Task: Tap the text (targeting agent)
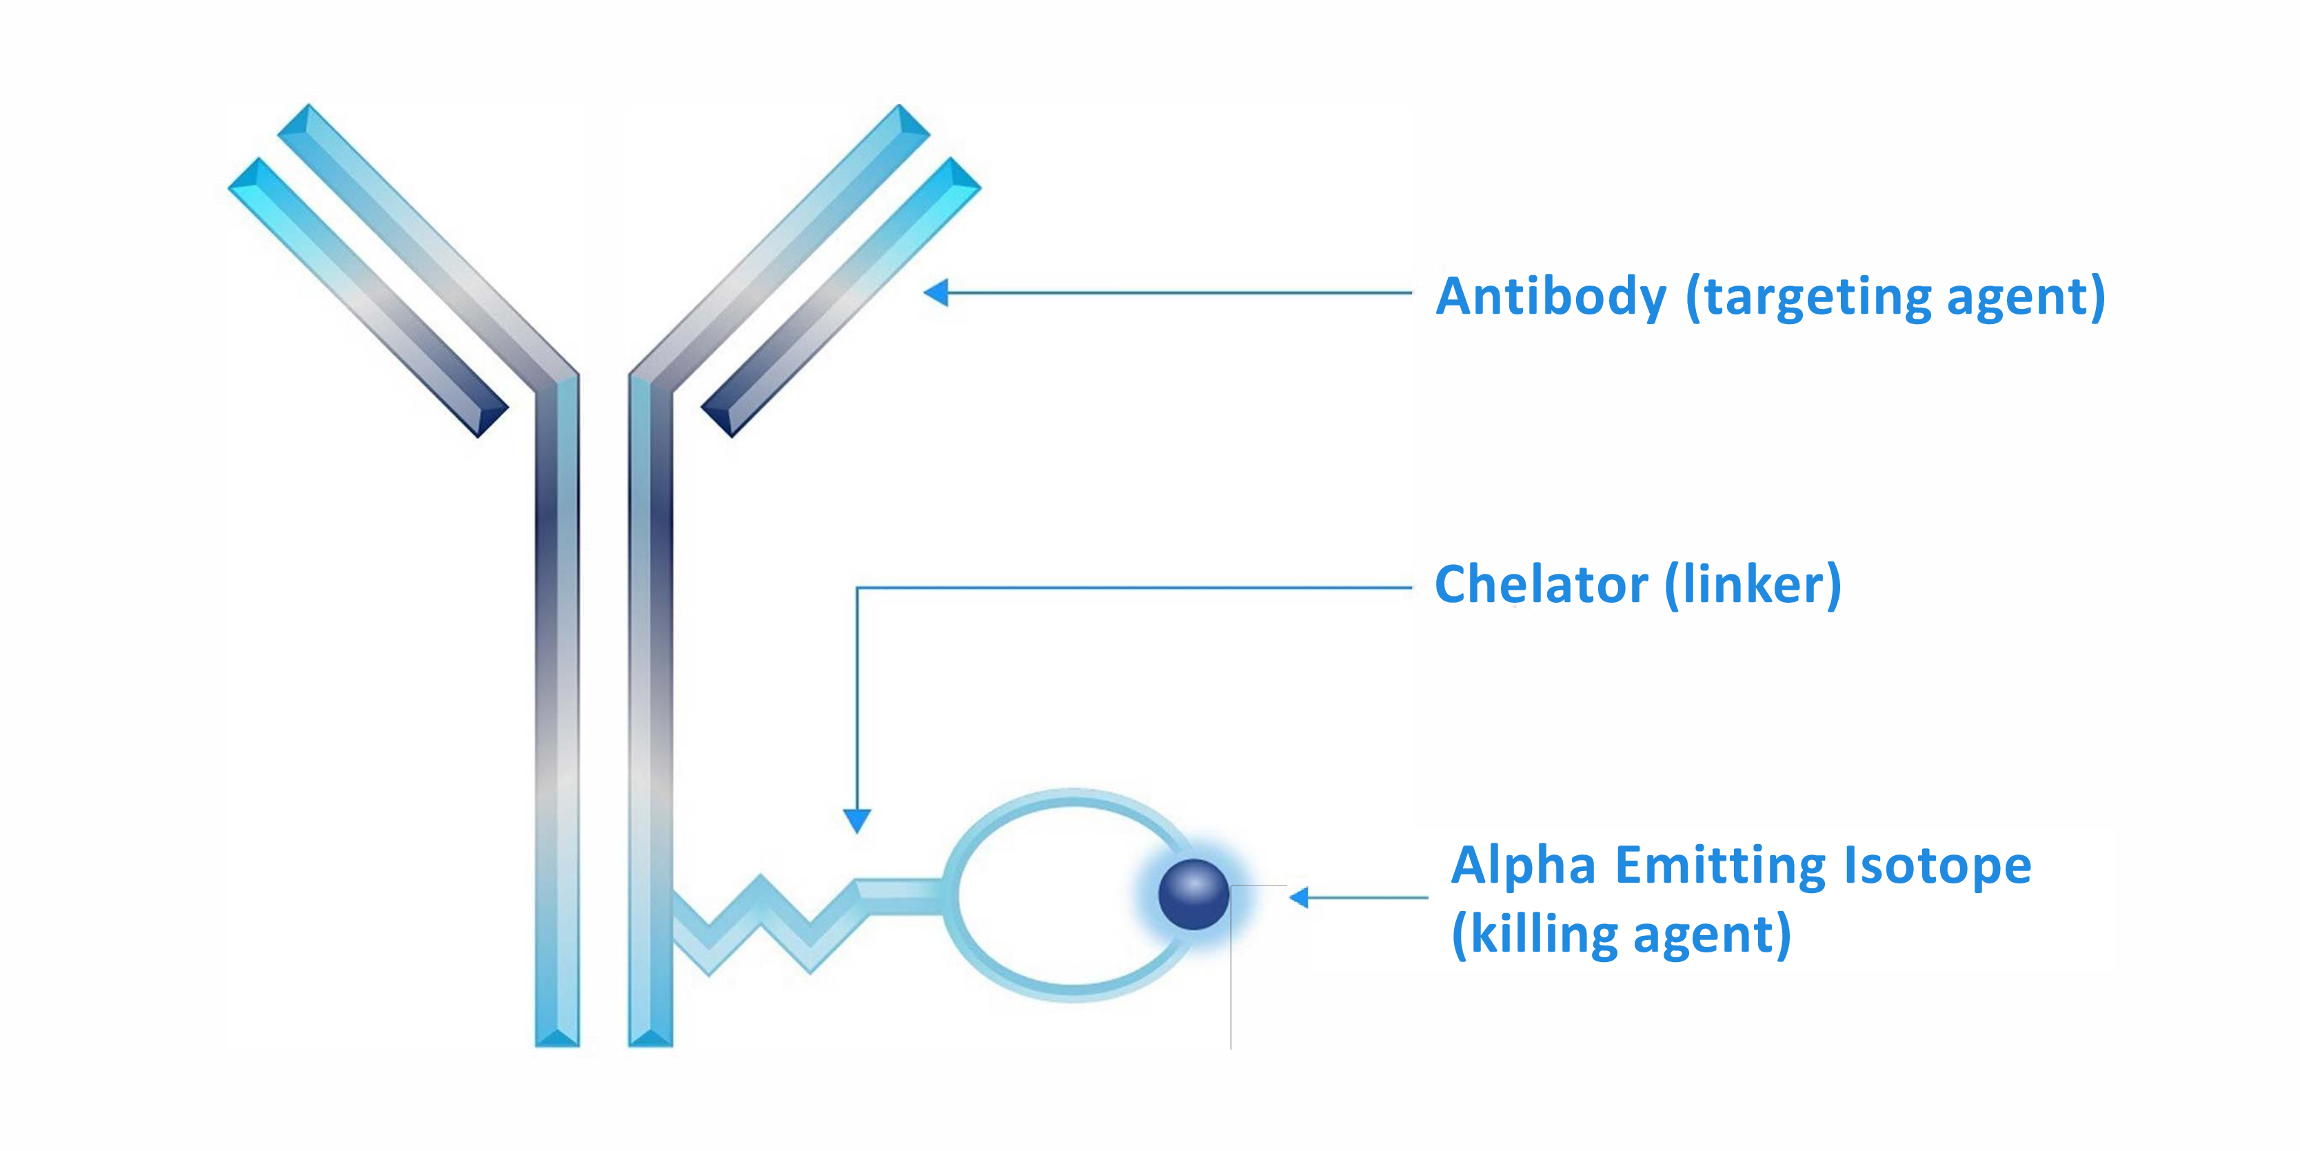point(1895,297)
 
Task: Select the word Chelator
point(1541,585)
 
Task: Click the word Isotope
point(1937,865)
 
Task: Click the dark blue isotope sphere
point(1193,894)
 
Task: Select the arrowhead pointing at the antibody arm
point(936,292)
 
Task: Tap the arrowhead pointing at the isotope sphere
point(1299,897)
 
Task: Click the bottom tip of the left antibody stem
point(557,1043)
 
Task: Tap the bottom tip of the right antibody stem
point(650,1043)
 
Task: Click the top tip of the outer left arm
point(257,161)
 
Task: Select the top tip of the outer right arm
point(953,161)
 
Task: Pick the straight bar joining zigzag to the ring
point(900,896)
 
